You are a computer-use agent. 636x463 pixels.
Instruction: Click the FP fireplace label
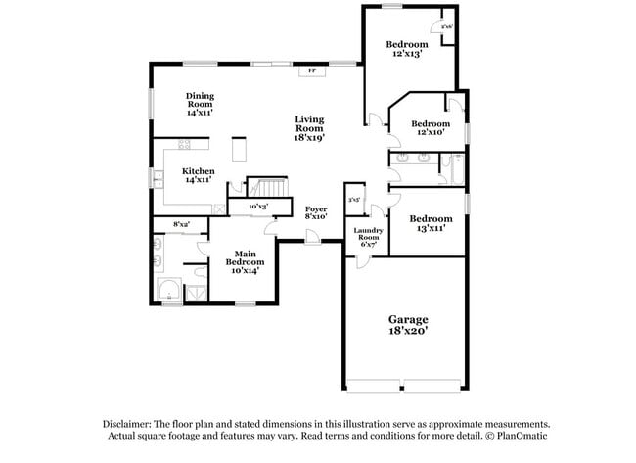312,71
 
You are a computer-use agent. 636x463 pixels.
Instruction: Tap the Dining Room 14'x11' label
201,104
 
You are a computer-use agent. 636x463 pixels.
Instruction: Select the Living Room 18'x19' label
309,128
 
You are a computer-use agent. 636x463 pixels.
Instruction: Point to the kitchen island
238,149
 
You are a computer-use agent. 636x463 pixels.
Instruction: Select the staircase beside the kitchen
268,187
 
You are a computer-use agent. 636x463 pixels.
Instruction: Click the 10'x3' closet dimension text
258,208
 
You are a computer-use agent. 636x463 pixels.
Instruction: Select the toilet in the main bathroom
201,271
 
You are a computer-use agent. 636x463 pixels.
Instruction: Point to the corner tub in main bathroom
170,291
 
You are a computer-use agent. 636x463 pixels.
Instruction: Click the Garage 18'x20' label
408,325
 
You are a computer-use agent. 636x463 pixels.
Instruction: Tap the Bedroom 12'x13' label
406,49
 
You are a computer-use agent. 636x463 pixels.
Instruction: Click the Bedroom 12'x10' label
430,128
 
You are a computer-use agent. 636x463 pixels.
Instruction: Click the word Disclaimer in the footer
130,423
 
